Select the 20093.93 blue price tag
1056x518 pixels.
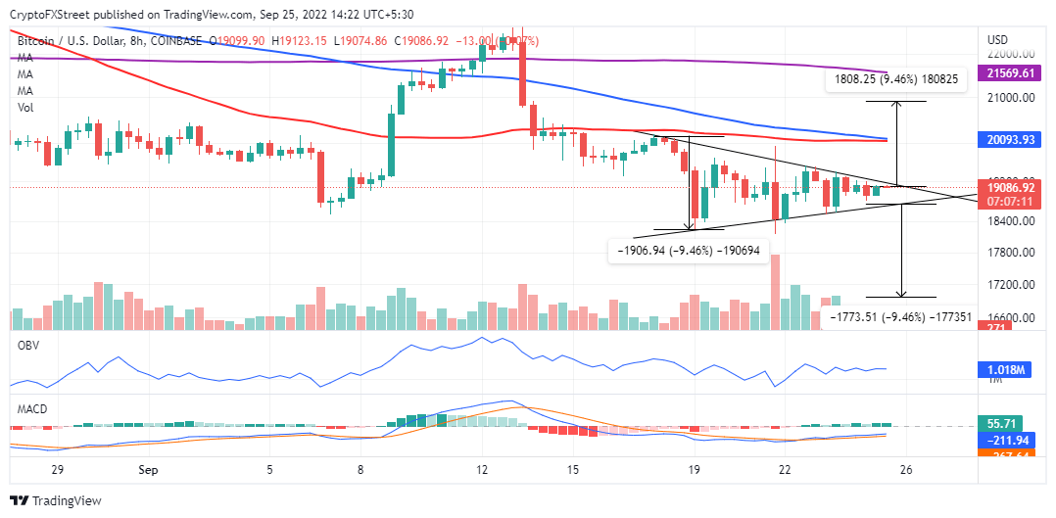(1010, 140)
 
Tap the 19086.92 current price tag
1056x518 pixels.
(1010, 186)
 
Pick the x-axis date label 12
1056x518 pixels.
(482, 469)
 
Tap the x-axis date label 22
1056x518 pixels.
(786, 469)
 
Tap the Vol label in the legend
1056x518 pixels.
(25, 108)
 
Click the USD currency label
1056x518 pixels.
(997, 39)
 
